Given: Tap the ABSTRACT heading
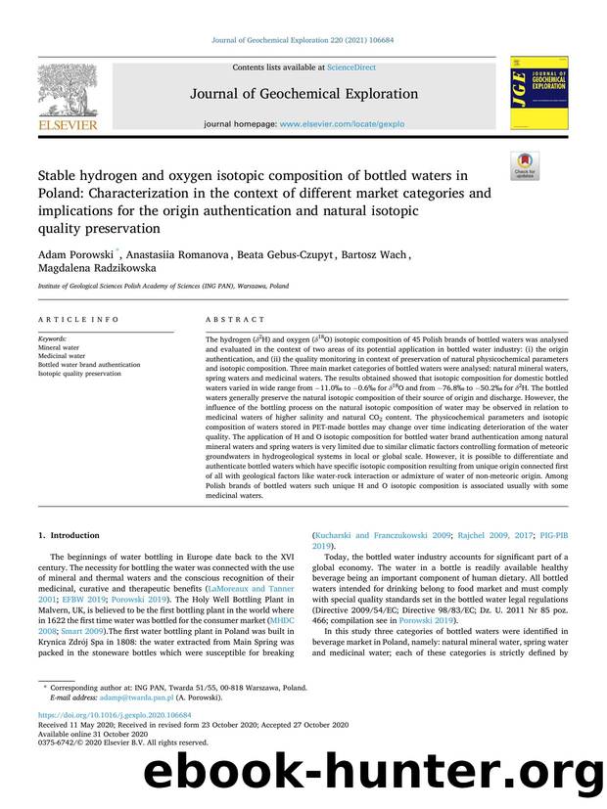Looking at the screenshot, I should pos(234,320).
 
